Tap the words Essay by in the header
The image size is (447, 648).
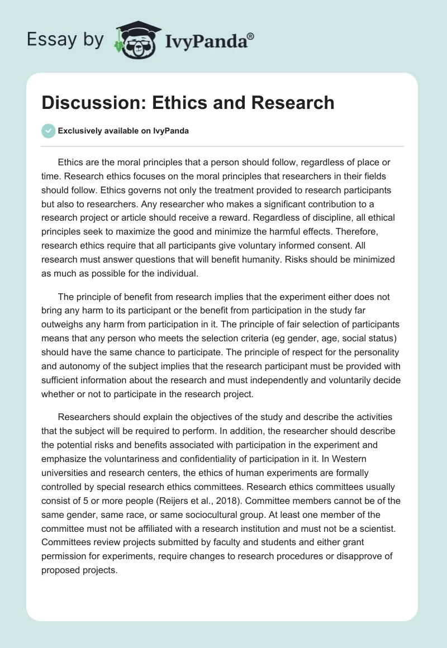tap(65, 39)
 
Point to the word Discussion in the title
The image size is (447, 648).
tap(89, 103)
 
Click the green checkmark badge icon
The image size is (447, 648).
tap(48, 131)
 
